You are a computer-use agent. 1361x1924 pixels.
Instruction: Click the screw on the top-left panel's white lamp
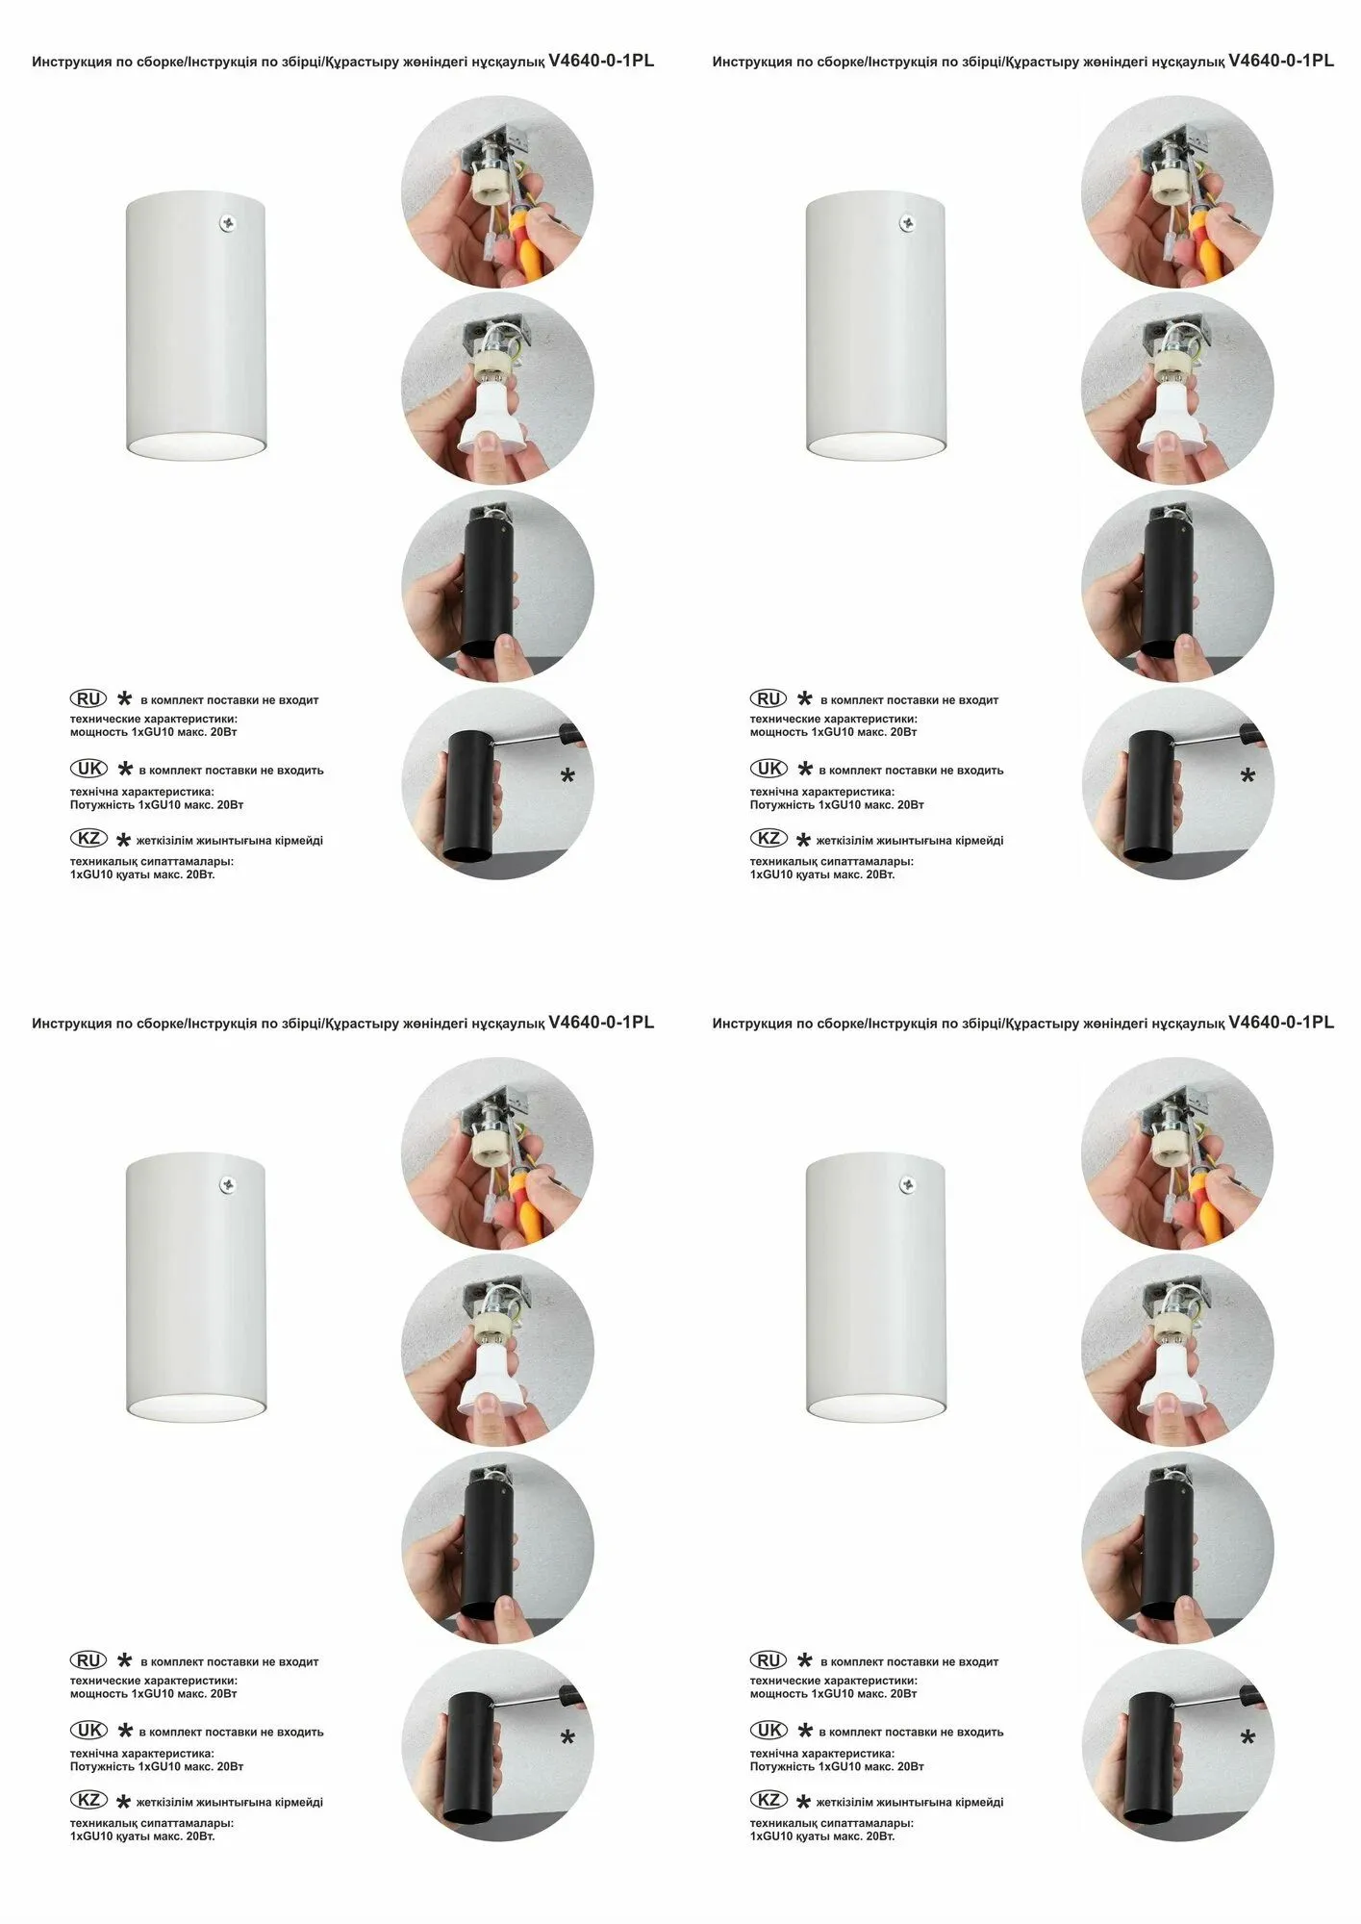coord(228,223)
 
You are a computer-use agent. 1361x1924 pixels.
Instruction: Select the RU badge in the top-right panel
coord(769,698)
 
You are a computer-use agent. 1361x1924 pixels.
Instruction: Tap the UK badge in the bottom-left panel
coord(88,1730)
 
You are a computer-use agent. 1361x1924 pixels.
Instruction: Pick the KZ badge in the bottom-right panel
coord(769,1799)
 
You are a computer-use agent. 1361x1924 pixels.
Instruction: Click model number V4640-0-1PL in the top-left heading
coord(601,61)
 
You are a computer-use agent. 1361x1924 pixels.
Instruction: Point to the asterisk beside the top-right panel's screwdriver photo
coord(1248,775)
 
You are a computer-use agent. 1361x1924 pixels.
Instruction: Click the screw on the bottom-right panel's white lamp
coord(908,1184)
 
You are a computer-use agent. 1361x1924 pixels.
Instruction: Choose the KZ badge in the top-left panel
coord(88,838)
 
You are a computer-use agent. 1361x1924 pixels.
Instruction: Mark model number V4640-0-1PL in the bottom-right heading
coord(1281,1022)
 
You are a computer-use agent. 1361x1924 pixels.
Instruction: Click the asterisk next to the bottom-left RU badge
coord(124,1659)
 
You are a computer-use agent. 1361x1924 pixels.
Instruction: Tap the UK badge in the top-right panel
coord(769,768)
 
